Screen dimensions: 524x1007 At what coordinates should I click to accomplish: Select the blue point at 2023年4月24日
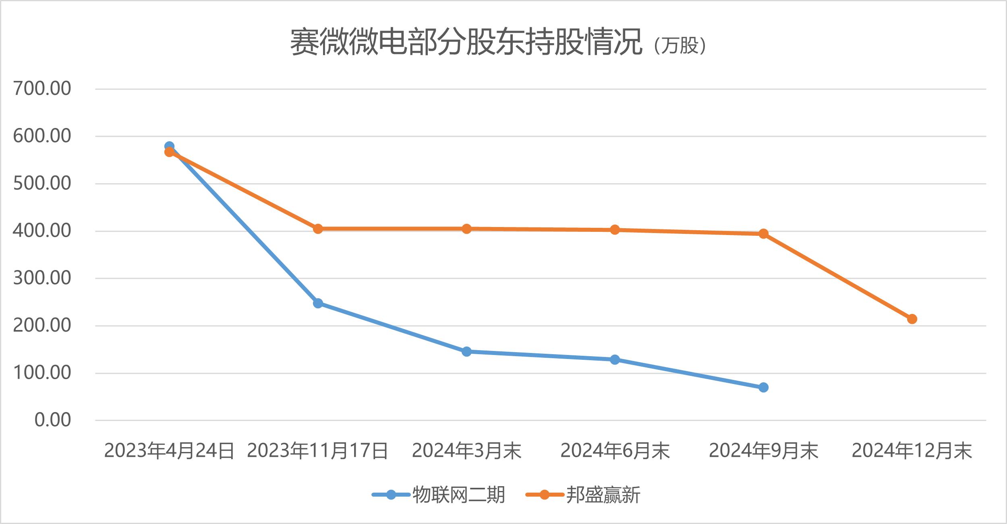[169, 146]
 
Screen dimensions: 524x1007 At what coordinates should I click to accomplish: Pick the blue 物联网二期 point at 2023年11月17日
[318, 303]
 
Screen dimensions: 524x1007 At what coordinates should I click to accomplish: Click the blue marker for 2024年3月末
[466, 352]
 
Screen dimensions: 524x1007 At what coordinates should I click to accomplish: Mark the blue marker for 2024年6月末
[615, 359]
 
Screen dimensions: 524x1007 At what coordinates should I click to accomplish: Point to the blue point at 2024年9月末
[763, 388]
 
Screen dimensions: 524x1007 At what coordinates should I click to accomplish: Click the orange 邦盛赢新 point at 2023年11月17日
[318, 229]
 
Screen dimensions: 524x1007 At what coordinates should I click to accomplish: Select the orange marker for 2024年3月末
[466, 229]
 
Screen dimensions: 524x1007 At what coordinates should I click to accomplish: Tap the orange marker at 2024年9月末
[763, 233]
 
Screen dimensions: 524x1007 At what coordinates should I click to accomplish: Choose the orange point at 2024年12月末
[912, 319]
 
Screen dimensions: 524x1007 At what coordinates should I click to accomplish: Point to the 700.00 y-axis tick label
[42, 89]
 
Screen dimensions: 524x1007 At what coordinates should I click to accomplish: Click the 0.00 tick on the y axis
[52, 420]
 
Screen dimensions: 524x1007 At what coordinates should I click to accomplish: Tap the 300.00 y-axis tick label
[42, 278]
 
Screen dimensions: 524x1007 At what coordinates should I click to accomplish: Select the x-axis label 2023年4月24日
[169, 451]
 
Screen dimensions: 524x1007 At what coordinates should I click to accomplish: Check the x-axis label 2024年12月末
[912, 451]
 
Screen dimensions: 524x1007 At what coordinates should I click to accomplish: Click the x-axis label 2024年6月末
[615, 451]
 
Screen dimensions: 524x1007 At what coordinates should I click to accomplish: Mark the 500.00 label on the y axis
[42, 184]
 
